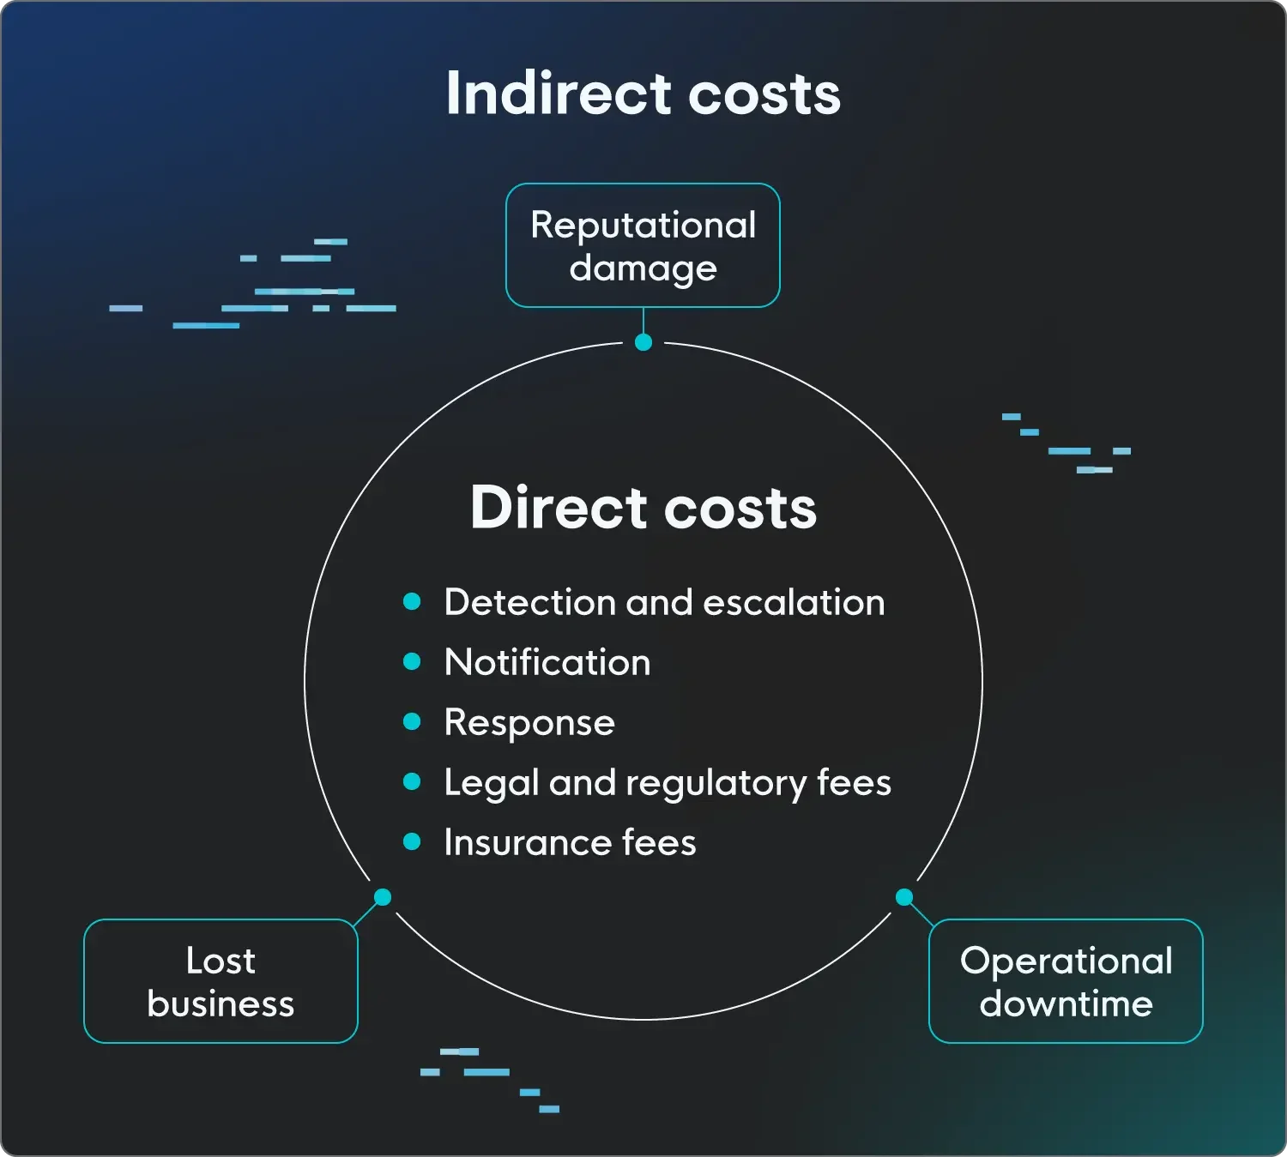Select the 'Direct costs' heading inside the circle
click(643, 508)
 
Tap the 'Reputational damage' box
click(643, 245)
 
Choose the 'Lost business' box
click(221, 981)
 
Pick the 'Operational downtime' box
click(1066, 981)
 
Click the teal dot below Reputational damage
click(643, 342)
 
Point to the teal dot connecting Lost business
click(383, 897)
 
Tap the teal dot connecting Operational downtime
click(903, 897)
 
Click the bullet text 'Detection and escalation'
click(664, 602)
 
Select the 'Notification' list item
click(547, 662)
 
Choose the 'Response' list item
click(529, 722)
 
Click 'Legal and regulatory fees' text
click(668, 782)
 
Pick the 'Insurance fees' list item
click(570, 842)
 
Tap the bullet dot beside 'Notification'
click(412, 661)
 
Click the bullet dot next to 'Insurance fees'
click(412, 841)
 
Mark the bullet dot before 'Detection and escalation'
click(412, 601)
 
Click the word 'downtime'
click(1066, 1003)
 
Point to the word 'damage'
click(643, 268)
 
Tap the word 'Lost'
click(221, 961)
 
